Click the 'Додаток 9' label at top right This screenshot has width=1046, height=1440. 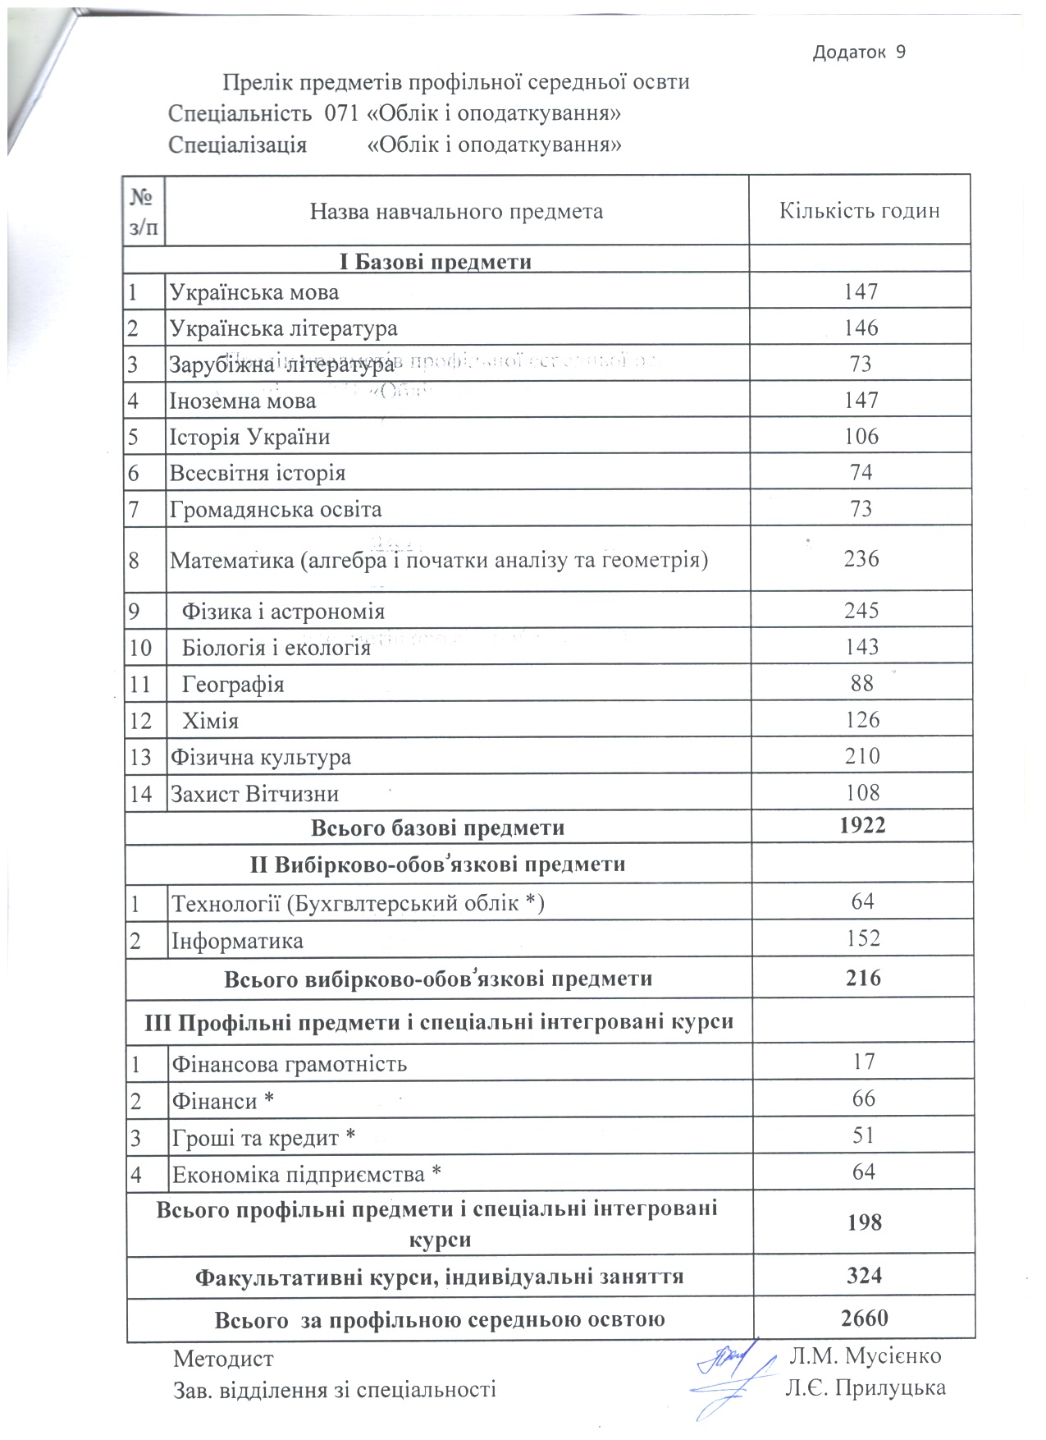pos(859,53)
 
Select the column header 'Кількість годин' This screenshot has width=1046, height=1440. pos(859,211)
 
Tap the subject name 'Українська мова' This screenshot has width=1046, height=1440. pos(254,292)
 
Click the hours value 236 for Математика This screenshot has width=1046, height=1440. pos(861,559)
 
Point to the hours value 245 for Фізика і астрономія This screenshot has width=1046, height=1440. pos(861,611)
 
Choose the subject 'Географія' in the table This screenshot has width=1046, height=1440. pos(233,684)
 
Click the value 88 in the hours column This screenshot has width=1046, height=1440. pos(862,683)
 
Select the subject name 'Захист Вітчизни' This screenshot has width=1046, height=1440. pos(254,794)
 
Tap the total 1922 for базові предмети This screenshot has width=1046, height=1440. pos(862,826)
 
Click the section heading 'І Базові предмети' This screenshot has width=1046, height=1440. pos(436,262)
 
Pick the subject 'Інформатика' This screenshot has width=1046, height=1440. pos(237,941)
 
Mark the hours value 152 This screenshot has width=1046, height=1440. pos(863,938)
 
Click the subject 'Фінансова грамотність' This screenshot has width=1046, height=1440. pos(289,1065)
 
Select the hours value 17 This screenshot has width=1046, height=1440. pos(864,1062)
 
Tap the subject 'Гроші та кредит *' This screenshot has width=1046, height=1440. pos(263,1139)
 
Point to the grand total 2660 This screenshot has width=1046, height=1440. pos(865,1318)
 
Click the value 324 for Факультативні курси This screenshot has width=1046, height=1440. pos(865,1276)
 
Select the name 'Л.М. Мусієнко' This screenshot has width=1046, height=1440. pos(865,1355)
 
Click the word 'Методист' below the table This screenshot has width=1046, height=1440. pos(223,1359)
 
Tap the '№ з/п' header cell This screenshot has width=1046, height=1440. pos(144,212)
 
